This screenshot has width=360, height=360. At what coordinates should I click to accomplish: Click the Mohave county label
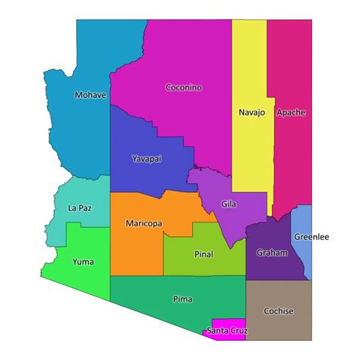90,96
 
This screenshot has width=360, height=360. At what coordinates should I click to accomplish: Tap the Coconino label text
184,87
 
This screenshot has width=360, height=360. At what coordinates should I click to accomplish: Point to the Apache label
291,112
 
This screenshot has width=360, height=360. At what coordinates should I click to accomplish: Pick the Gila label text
229,204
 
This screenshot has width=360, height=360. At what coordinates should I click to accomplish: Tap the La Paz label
80,207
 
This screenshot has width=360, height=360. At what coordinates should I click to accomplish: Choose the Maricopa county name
144,223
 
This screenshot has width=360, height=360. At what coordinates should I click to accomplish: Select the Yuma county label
83,262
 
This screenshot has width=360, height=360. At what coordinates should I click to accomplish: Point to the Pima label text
182,298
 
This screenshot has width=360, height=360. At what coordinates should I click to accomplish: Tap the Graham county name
272,253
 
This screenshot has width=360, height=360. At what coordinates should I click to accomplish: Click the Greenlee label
311,237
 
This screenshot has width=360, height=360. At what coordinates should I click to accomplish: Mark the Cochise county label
278,311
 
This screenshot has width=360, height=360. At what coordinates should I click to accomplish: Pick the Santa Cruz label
226,331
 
